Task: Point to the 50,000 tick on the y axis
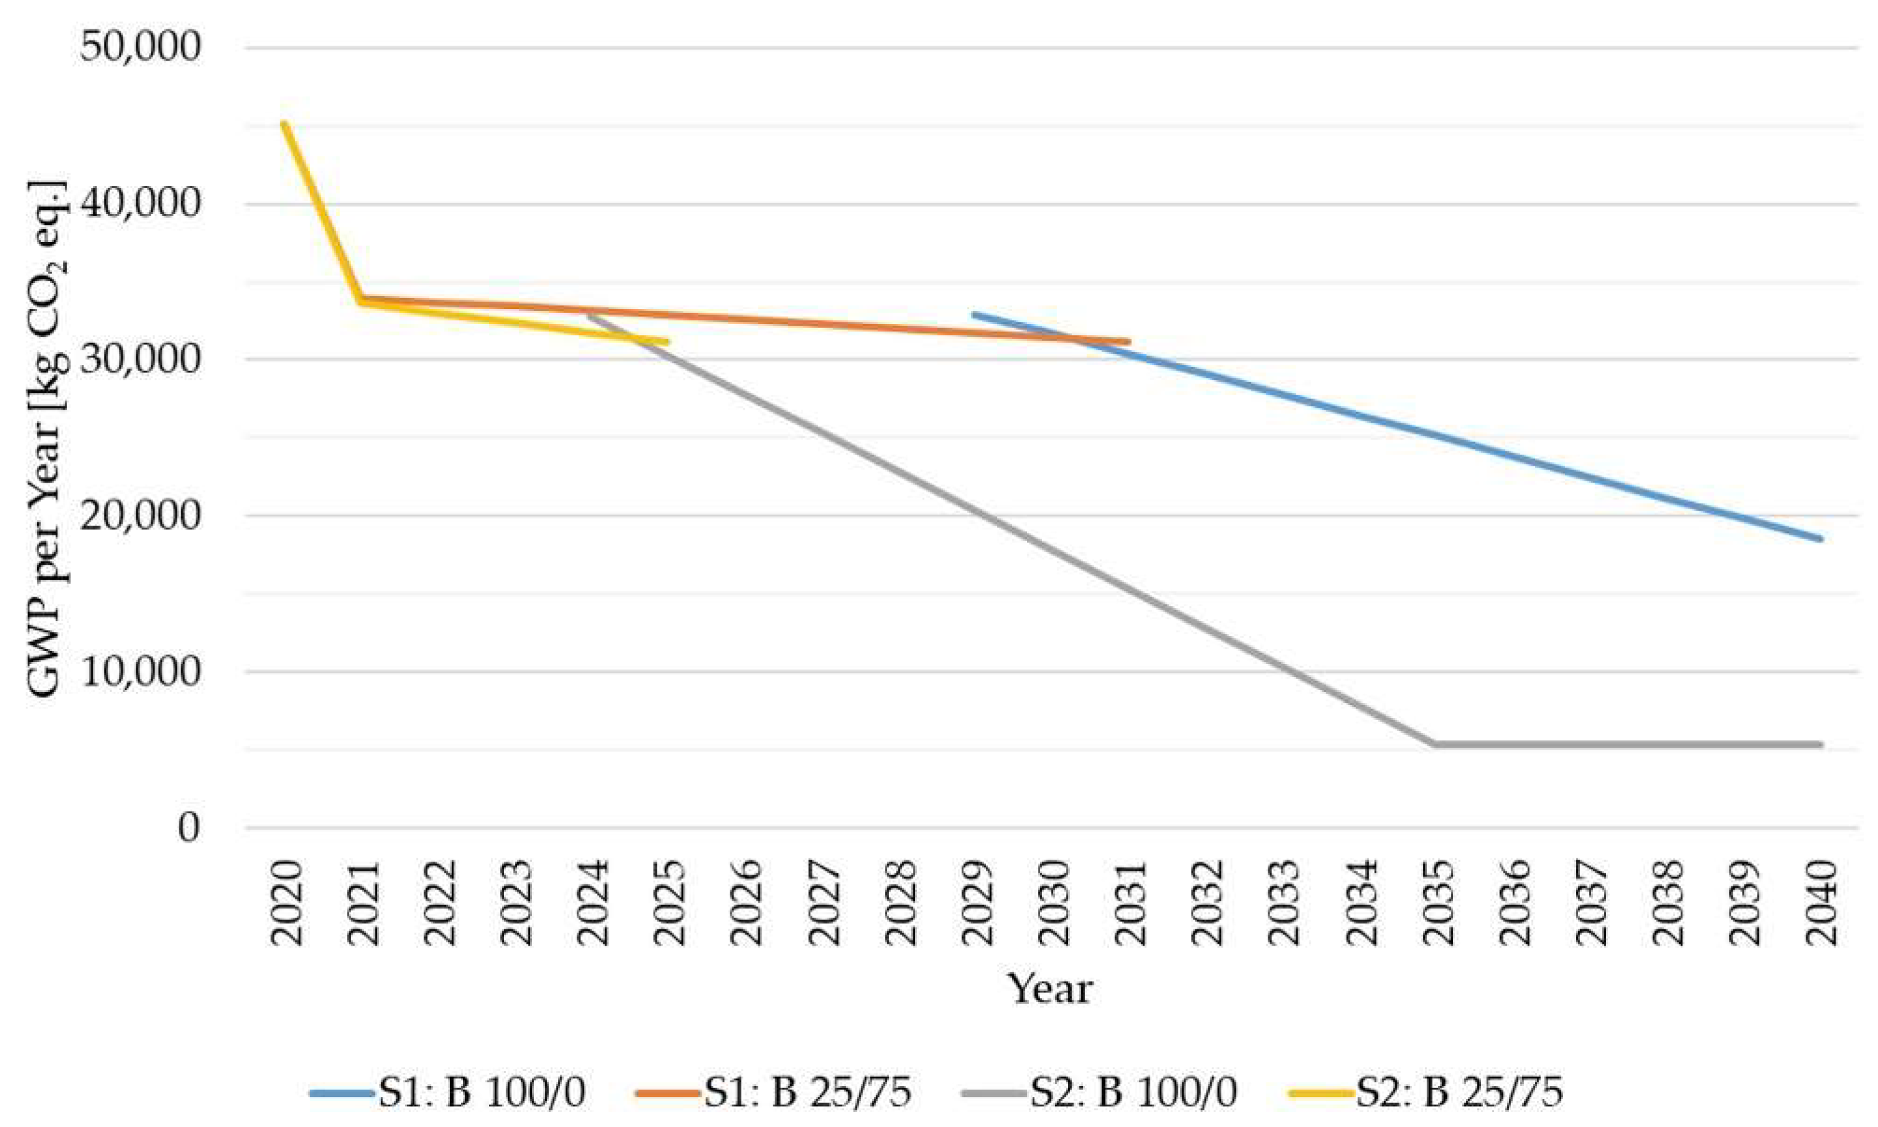coord(140,47)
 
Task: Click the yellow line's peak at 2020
coord(283,123)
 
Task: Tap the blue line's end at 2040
coord(1819,539)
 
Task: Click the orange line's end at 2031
coord(1128,342)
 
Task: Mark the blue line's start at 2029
coord(975,314)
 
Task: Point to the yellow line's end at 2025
coord(666,342)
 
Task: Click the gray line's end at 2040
coord(1819,744)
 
